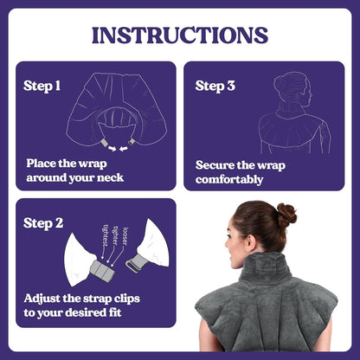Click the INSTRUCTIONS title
pos(180,35)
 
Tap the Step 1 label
pos(42,86)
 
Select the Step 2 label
pos(43,223)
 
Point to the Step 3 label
pos(215,86)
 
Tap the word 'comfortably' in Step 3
pos(229,180)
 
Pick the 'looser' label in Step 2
pos(125,236)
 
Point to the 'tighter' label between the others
pos(115,235)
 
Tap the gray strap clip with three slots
pos(102,269)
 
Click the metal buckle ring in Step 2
pos(132,266)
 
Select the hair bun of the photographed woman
pos(286,215)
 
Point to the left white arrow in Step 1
pos(111,148)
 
